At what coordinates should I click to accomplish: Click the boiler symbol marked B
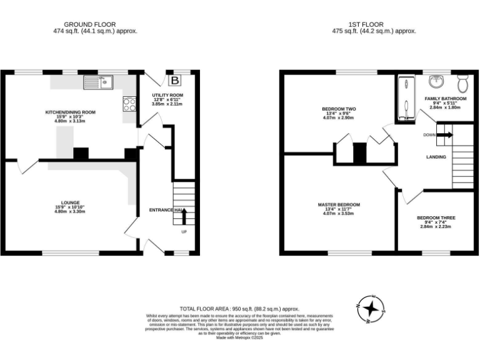[x=175, y=80]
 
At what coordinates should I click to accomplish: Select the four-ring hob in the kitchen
[x=130, y=104]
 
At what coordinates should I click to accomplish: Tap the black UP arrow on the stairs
[x=184, y=216]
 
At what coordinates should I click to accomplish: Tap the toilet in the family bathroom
[x=463, y=82]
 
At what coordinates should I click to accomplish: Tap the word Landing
[x=436, y=157]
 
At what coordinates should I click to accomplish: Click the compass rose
[x=371, y=308]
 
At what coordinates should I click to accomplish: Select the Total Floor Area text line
[x=239, y=309]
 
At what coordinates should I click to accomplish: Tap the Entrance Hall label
[x=166, y=210]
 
